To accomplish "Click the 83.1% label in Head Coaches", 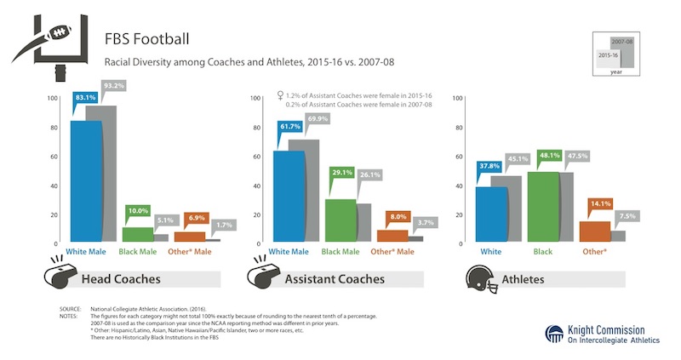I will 85,99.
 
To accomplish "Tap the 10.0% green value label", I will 137,209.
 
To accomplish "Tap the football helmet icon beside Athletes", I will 481,277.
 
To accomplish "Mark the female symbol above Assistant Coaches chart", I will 280,95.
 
